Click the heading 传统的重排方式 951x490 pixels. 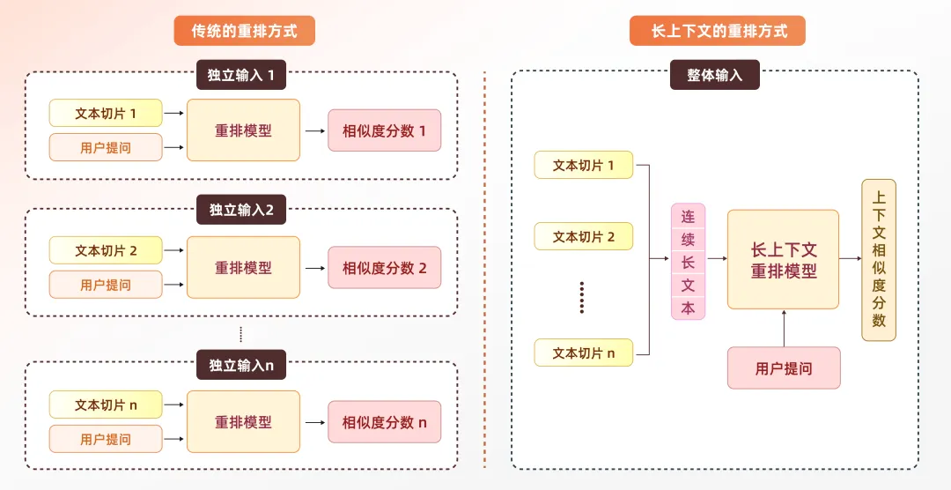point(244,31)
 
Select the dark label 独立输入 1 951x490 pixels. point(241,75)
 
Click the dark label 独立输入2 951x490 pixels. point(241,210)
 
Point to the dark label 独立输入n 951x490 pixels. point(241,365)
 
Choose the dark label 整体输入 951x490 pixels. point(714,75)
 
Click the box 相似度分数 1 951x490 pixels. point(384,130)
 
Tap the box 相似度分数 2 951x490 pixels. point(384,268)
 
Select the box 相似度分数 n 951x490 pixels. point(384,422)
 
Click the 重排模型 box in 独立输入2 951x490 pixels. point(243,268)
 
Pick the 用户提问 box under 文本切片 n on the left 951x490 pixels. point(106,439)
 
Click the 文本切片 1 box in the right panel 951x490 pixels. point(583,165)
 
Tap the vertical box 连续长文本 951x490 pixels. point(688,262)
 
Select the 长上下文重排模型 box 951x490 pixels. point(783,260)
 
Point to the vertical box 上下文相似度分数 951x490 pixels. point(878,260)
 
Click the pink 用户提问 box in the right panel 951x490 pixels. point(783,368)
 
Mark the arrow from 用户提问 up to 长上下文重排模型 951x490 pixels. point(783,328)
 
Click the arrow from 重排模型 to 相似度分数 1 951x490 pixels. point(313,130)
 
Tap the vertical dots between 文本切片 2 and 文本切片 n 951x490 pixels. point(582,298)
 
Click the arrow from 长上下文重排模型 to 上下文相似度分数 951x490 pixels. point(850,259)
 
